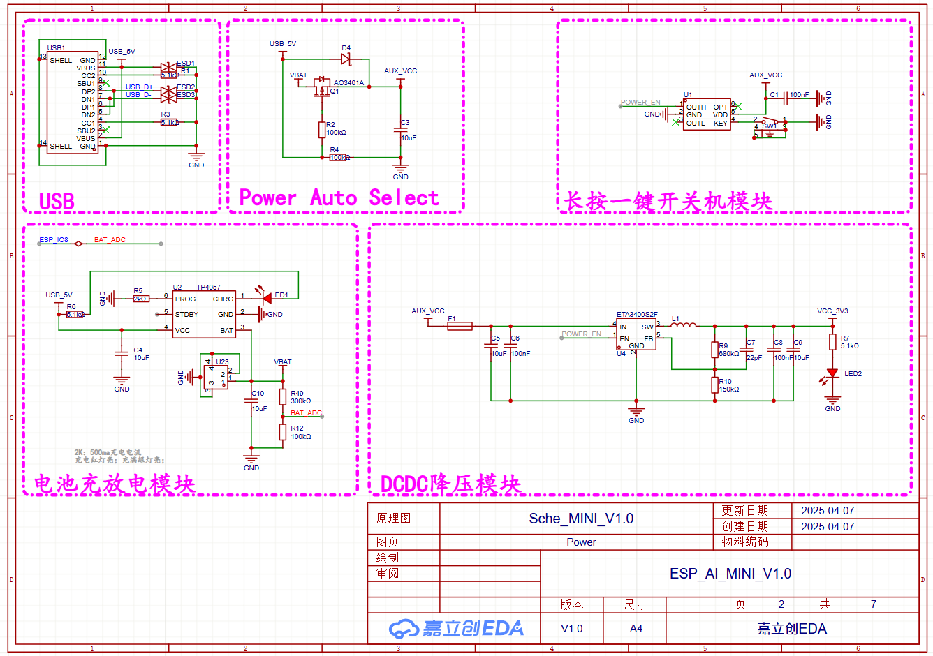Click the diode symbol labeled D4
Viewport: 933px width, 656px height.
point(346,59)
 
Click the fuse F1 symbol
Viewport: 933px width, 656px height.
point(460,326)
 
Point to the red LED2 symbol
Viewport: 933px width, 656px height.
point(832,374)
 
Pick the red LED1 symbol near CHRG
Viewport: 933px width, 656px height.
point(267,298)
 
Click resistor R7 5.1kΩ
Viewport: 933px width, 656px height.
point(832,342)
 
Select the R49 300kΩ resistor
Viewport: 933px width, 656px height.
point(283,397)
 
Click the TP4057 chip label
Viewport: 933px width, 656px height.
point(208,287)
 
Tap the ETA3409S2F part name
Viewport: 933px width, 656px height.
point(636,315)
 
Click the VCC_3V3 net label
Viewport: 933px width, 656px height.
point(832,311)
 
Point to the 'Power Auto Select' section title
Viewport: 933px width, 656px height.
point(339,198)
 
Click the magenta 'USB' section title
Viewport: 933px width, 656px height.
point(57,202)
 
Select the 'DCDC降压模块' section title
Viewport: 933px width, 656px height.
point(450,484)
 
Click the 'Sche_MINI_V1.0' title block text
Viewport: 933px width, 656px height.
point(580,519)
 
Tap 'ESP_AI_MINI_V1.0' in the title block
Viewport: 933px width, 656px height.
point(730,574)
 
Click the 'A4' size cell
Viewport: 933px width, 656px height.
point(636,629)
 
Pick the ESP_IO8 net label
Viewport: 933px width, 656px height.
point(54,240)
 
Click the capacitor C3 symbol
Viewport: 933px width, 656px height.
point(401,130)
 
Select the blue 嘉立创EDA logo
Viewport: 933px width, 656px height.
point(456,628)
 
